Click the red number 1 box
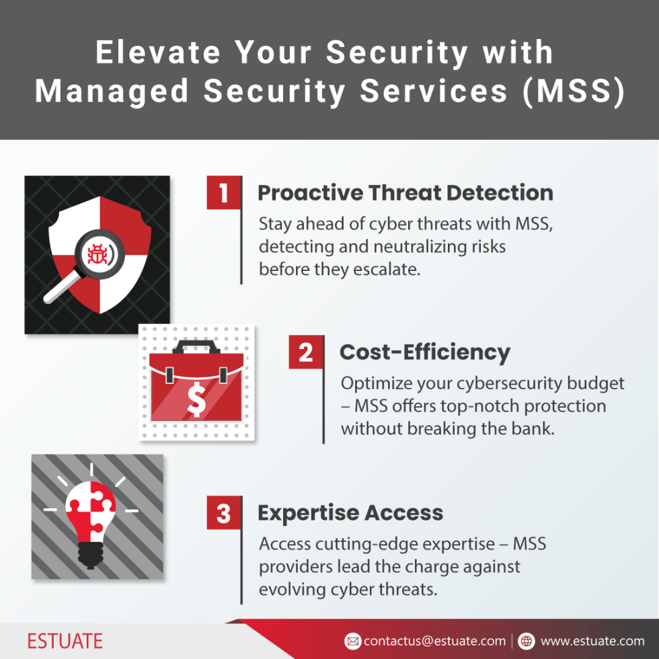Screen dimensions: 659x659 224,194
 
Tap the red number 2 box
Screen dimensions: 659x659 306,352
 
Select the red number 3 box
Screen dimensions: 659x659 224,514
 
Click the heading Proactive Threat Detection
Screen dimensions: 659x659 405,193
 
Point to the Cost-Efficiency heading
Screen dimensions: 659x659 424,352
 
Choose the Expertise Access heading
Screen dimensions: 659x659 350,513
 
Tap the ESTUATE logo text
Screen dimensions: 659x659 65,640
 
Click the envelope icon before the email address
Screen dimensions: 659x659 352,641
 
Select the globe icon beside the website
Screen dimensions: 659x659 527,641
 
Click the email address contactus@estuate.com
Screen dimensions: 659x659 434,641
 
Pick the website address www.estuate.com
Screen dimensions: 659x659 592,641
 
